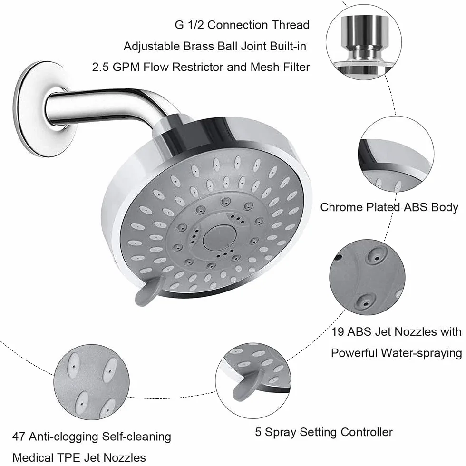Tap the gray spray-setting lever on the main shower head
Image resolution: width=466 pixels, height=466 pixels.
pos(148,291)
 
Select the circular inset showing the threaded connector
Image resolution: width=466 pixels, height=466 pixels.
pos(364,42)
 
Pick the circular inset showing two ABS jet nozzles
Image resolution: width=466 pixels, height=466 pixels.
pos(367,278)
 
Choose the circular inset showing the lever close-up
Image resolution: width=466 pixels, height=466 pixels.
pos(253,381)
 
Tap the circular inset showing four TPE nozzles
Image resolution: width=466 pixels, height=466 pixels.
pos(91,382)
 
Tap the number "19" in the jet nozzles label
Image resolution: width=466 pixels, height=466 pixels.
pos(338,332)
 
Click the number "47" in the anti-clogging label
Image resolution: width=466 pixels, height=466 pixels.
pos(19,437)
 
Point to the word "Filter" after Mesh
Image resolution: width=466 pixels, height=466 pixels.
pos(296,67)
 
